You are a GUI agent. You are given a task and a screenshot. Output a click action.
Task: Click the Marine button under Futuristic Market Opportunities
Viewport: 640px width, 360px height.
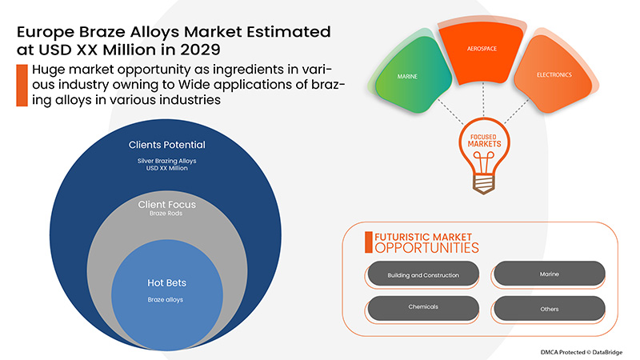tap(549, 274)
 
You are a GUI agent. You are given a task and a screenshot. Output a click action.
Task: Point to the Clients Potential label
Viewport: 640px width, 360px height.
tap(166, 145)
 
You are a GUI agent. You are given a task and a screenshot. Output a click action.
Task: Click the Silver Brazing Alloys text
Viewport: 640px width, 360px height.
tap(166, 161)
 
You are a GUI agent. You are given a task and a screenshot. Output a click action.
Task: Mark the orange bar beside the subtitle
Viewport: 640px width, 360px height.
tap(19, 86)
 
